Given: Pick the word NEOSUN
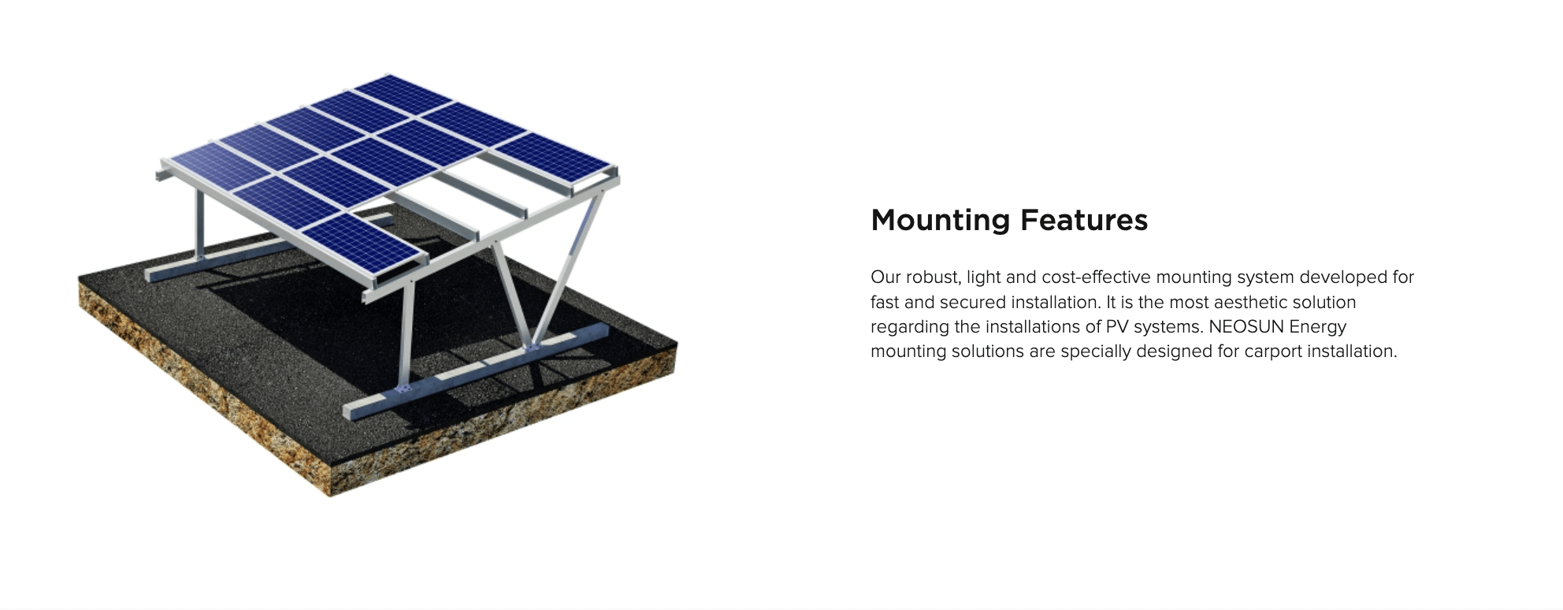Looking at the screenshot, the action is click(1240, 326).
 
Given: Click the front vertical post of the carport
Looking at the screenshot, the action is click(406, 335).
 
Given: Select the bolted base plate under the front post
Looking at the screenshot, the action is click(403, 389).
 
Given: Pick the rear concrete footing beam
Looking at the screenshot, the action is click(268, 244).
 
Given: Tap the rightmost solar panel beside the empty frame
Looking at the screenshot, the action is click(553, 161).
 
